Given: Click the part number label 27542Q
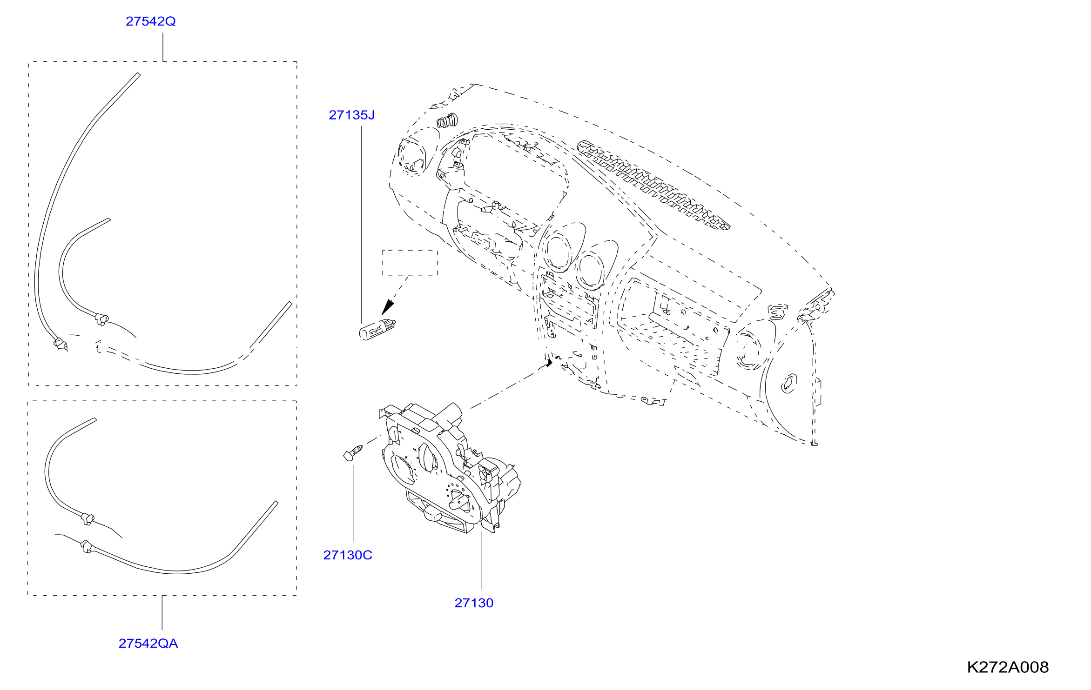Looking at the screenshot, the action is point(151,21).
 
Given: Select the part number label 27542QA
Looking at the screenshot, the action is point(148,644).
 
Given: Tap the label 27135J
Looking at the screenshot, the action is point(351,115).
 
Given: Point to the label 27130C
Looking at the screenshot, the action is point(348,555).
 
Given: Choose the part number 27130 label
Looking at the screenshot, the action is point(474,603).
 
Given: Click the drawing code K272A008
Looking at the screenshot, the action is point(1008,667).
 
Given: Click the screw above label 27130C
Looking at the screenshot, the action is point(353,453).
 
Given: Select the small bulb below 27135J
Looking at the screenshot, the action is point(377,329).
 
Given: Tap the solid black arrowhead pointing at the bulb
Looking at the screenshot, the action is point(388,307).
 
